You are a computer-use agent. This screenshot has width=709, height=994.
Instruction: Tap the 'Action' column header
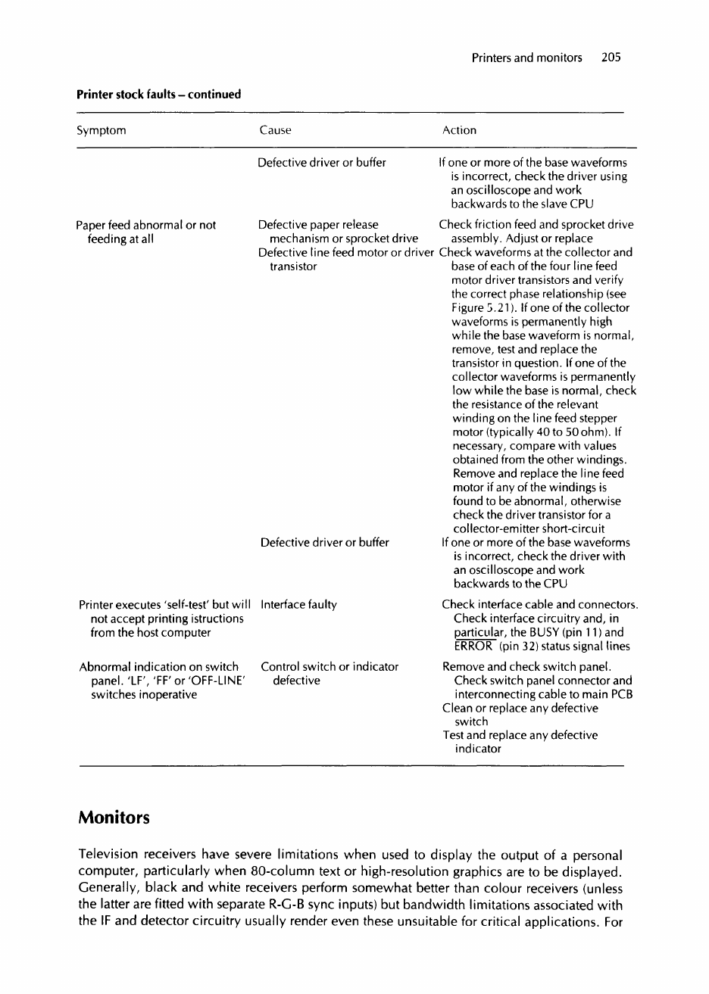click(459, 130)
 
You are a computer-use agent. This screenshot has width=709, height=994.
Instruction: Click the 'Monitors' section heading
click(114, 818)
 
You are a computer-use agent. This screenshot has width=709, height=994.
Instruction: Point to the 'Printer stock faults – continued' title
click(159, 95)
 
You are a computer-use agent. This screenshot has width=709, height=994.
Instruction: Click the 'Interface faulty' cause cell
click(298, 605)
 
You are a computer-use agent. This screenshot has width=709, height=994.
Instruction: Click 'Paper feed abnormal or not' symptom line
click(146, 225)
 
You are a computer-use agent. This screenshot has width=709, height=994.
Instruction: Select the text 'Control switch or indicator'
click(330, 667)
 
